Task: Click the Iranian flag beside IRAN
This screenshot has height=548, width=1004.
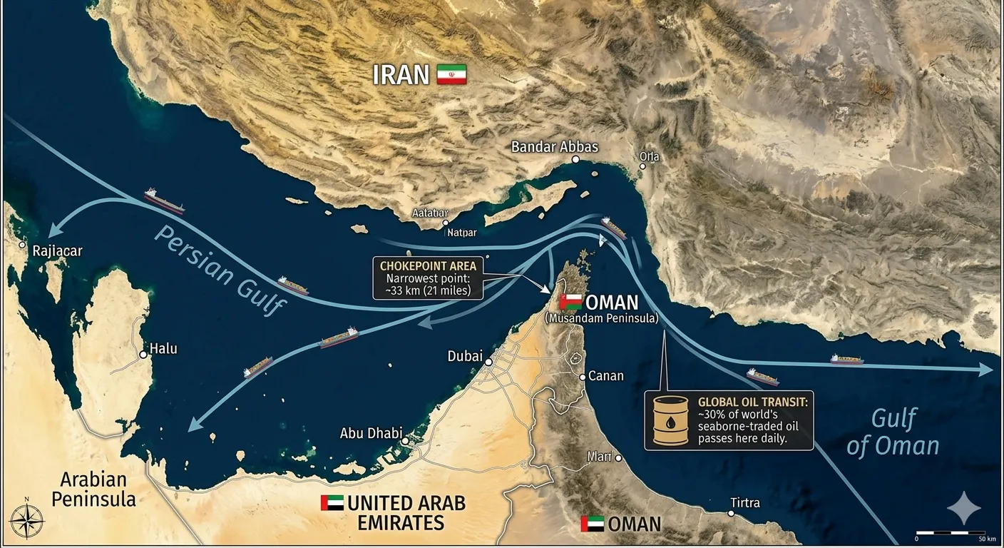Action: pos(451,75)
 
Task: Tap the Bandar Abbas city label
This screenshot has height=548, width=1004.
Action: pos(555,147)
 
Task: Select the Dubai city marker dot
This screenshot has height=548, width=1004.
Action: pos(488,362)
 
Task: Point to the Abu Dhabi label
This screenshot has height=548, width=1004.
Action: pos(371,433)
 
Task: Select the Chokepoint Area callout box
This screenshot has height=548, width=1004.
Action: pos(428,278)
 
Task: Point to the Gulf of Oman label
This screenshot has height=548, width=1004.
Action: pos(893,432)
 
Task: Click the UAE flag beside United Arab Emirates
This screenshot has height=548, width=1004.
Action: pos(332,503)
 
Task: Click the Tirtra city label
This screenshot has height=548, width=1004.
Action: pos(744,503)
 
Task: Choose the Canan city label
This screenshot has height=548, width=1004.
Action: pos(605,376)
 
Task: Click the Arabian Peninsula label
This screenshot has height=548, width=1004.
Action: pos(93,489)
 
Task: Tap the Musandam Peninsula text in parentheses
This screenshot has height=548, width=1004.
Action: pos(601,318)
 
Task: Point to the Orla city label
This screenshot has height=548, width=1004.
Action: pos(650,157)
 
